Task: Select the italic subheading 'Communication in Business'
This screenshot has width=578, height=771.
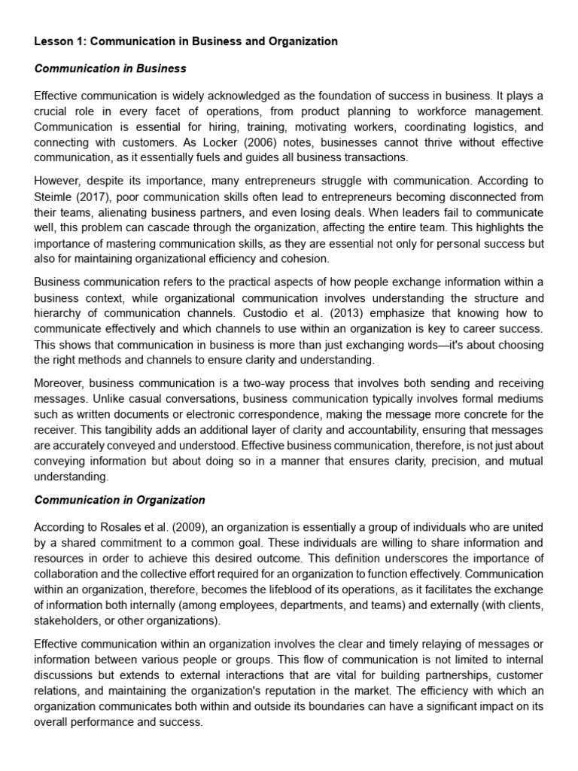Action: (110, 69)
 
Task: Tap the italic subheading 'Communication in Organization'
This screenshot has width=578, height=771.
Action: (120, 500)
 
